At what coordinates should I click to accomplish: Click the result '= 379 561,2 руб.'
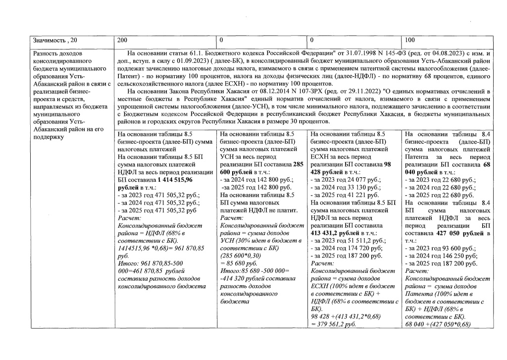coord(334,325)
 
